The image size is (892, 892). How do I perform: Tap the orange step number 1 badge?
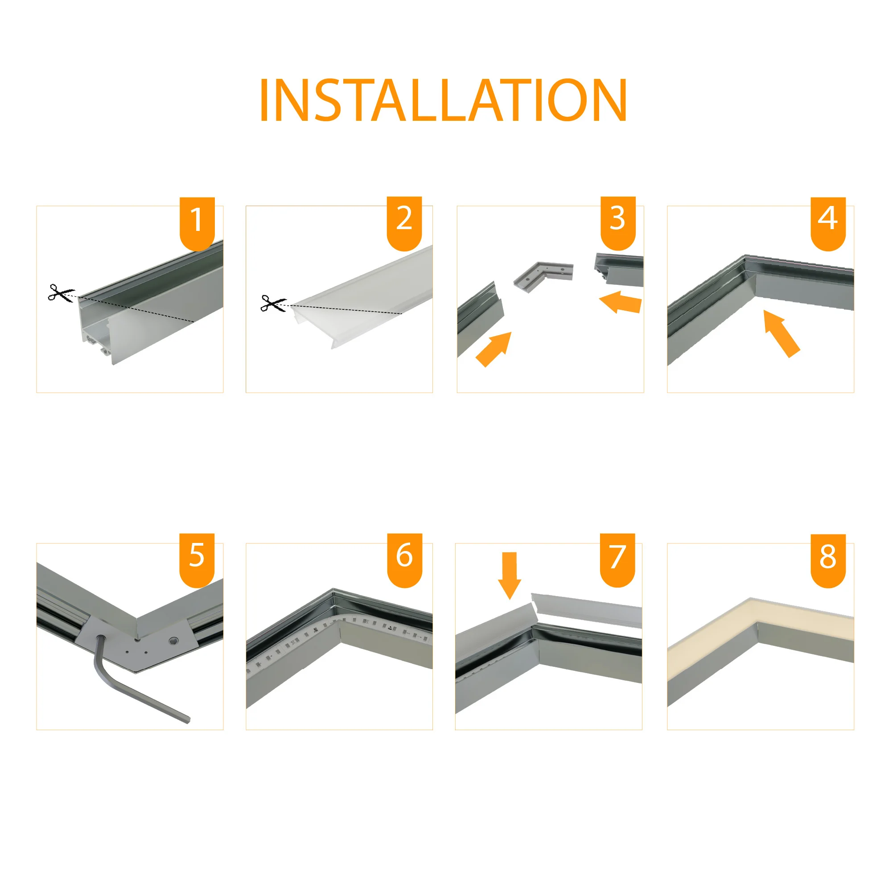tap(197, 223)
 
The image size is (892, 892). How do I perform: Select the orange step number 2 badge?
tap(404, 223)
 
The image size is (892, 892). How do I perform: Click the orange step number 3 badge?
tap(618, 223)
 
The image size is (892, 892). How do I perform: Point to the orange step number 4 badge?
tap(828, 223)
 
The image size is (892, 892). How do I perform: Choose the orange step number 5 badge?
tap(197, 559)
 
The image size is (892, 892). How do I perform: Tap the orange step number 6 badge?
tap(404, 559)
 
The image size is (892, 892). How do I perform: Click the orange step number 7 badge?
tap(618, 559)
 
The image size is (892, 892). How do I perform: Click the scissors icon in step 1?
tap(61, 293)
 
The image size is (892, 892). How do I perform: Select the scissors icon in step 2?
tap(273, 303)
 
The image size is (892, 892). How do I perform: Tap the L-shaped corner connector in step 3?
tap(543, 275)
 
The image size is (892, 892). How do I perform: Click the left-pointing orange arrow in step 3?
tap(621, 302)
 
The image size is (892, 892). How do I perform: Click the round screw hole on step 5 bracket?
tap(173, 641)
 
